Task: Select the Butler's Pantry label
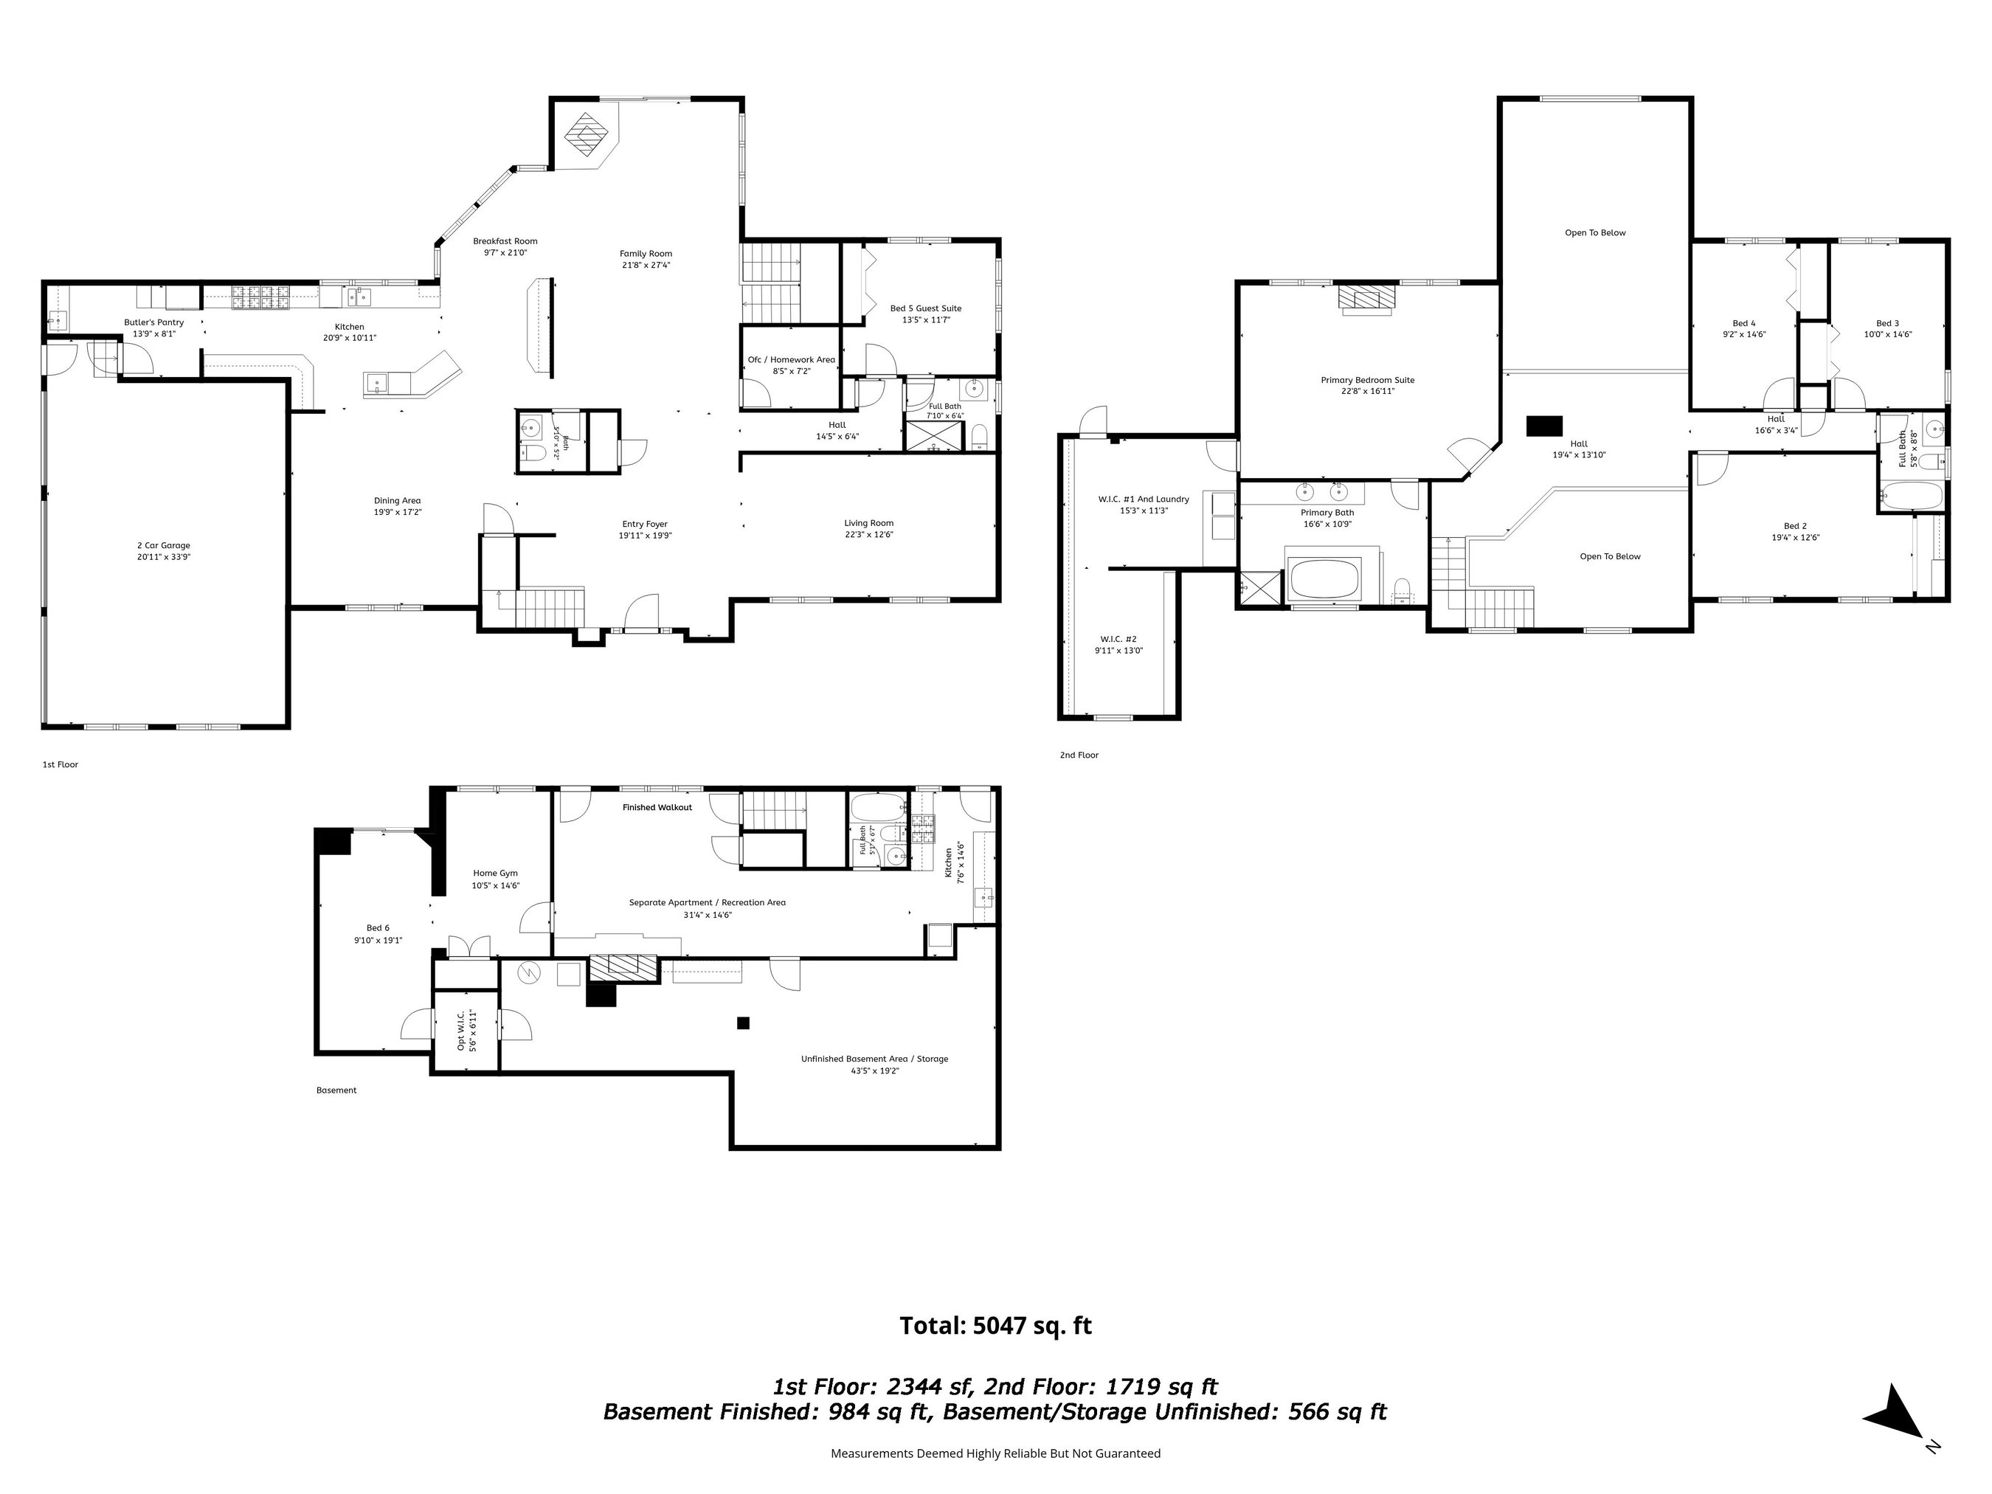click(154, 322)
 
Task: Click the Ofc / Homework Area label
click(792, 360)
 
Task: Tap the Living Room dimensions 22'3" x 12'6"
click(869, 535)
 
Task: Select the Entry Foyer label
click(645, 524)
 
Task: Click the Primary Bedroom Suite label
click(1368, 380)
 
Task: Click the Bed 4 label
click(1744, 323)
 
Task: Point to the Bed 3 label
click(1887, 323)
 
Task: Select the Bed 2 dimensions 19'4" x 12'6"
click(1796, 538)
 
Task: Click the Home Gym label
click(495, 873)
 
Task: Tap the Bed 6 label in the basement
click(378, 927)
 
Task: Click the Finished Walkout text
click(657, 808)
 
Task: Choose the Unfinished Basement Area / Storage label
click(874, 1059)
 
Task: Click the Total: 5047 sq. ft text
click(996, 1326)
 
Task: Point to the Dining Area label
click(397, 501)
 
